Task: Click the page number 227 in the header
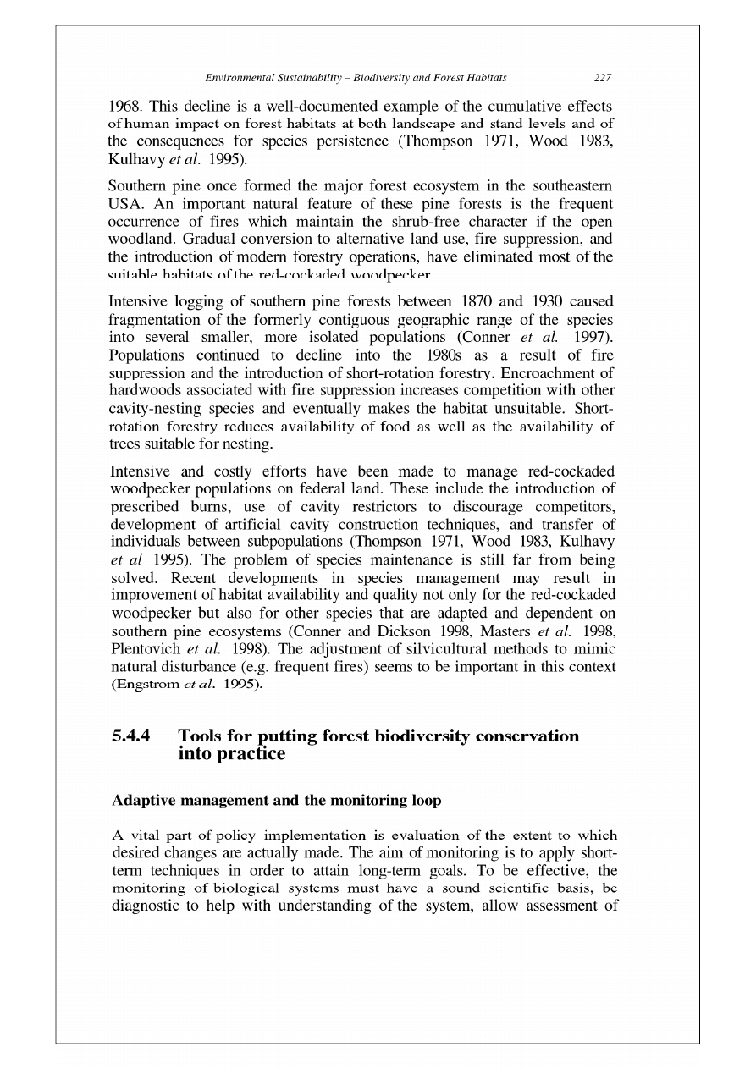[603, 78]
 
